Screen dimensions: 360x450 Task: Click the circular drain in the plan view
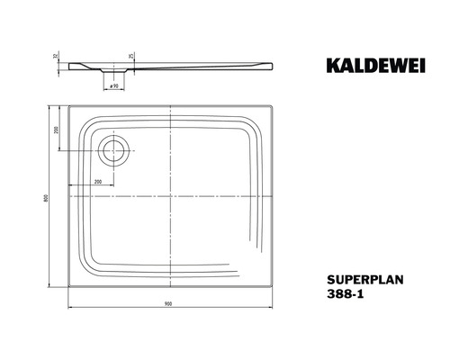(x=114, y=150)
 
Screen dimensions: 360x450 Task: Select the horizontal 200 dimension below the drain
(x=96, y=182)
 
